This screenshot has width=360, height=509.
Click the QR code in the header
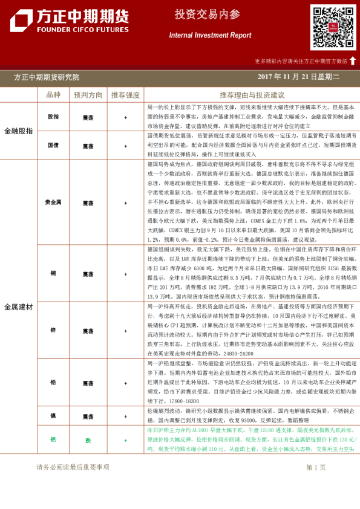pos(333,27)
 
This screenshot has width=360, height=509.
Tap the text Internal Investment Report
pos(209,35)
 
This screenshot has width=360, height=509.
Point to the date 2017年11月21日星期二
pos(298,77)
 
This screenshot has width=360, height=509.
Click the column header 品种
pos(53,95)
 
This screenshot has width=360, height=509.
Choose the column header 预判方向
pos(88,95)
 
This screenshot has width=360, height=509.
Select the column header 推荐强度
pos(125,95)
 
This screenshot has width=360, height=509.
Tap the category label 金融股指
pos(19,131)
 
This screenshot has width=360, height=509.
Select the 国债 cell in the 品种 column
pos(53,146)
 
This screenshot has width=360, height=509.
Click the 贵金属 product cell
pos(53,203)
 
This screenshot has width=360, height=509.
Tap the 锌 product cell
pos(53,331)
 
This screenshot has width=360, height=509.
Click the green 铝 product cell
pos(53,440)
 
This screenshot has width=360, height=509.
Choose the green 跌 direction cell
pos(88,440)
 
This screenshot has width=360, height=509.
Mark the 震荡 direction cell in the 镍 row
pos(88,417)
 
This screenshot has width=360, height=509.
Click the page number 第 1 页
pos(316,467)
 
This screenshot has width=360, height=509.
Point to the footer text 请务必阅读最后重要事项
pos(73,467)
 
